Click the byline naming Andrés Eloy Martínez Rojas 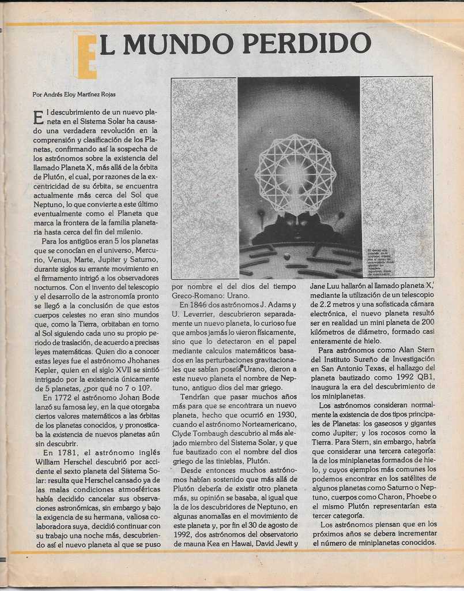(74, 94)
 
